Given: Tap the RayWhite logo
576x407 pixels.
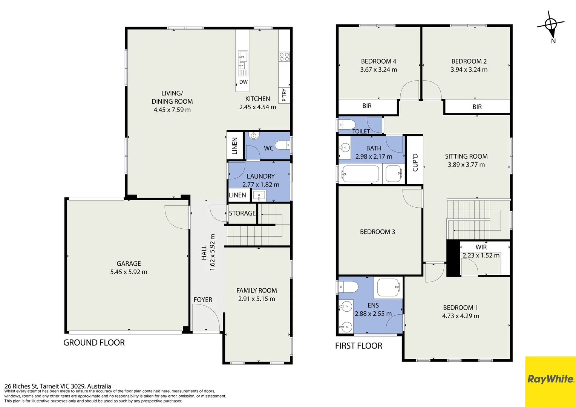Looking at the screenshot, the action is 550,379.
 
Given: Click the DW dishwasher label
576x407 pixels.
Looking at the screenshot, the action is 243,82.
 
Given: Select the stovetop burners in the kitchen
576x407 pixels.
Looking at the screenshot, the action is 284,57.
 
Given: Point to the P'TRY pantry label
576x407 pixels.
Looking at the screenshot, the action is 284,95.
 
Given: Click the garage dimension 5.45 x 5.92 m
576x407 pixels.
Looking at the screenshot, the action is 129,272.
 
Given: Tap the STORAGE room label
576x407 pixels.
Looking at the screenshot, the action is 242,213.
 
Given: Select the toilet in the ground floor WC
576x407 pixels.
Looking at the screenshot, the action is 283,145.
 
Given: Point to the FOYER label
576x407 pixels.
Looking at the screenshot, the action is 203,300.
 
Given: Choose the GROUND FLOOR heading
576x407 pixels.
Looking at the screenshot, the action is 94,343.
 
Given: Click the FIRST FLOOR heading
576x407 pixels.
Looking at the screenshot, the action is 358,346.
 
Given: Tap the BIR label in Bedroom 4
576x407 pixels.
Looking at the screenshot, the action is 367,106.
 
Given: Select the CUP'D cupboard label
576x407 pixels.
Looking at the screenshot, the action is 415,162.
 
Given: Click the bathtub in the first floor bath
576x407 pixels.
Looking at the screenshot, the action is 360,174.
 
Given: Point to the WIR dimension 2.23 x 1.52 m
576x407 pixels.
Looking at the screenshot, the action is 481,255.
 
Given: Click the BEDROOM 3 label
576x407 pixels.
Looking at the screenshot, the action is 377,232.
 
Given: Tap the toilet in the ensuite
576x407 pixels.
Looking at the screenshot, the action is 348,287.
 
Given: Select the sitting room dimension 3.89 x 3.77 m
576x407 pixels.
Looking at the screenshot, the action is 466,165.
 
